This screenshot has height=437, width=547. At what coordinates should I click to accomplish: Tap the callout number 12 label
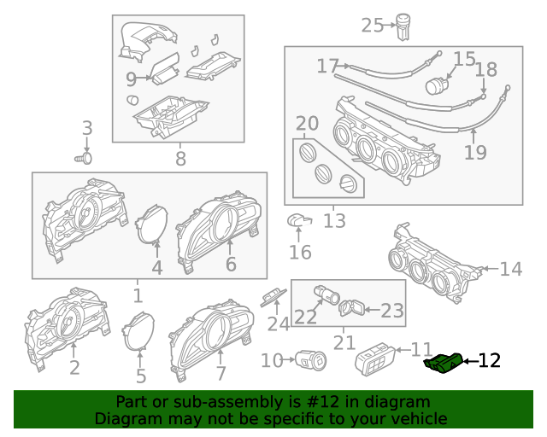pyautogui.click(x=490, y=361)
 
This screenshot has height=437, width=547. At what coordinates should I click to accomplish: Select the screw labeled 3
pyautogui.click(x=84, y=159)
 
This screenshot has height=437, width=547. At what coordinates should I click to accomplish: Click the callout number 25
pyautogui.click(x=373, y=26)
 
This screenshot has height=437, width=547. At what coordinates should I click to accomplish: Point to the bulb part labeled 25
pyautogui.click(x=403, y=26)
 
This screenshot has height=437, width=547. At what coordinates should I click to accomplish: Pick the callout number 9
pyautogui.click(x=131, y=79)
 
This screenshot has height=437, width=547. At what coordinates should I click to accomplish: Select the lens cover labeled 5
pyautogui.click(x=138, y=331)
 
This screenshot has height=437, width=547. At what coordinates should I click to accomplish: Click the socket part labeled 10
pyautogui.click(x=310, y=360)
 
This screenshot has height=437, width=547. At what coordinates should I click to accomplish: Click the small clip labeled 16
pyautogui.click(x=299, y=220)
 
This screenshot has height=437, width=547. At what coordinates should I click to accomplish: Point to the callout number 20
pyautogui.click(x=308, y=124)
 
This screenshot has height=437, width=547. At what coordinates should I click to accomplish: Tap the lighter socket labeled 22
pyautogui.click(x=326, y=294)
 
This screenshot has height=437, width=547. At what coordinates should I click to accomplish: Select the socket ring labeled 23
pyautogui.click(x=352, y=308)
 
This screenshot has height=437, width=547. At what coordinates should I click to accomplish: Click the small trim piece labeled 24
pyautogui.click(x=273, y=297)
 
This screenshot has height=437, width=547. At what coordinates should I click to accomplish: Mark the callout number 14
pyautogui.click(x=511, y=270)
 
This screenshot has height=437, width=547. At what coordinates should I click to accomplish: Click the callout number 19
pyautogui.click(x=475, y=152)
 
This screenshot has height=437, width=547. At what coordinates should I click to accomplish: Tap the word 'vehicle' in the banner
pyautogui.click(x=423, y=419)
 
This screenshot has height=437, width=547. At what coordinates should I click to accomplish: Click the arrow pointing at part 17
pyautogui.click(x=344, y=66)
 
